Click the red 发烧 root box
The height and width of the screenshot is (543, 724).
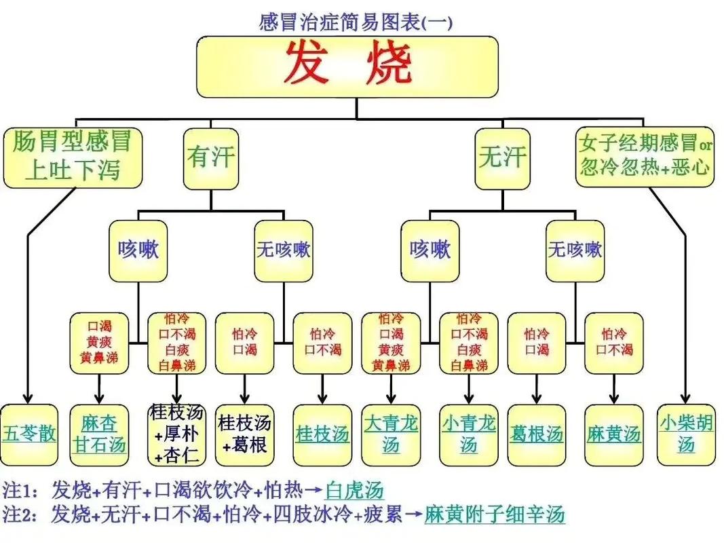pos(347,66)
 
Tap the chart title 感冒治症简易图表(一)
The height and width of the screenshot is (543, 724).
pos(356,22)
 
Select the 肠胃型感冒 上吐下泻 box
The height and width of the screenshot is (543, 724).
pos(73,157)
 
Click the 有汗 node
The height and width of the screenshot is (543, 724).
pos(210,158)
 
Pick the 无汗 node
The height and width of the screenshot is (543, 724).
pos(501,158)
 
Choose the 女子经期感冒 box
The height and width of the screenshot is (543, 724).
pos(645,156)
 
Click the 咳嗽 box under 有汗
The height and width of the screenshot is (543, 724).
pos(138,250)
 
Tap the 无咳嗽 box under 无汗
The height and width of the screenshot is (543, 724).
pos(574,250)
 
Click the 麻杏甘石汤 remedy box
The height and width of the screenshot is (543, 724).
pos(99,434)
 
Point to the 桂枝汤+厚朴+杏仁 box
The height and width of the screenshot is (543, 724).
pos(176,434)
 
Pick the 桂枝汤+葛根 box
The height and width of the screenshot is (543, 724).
pos(244,434)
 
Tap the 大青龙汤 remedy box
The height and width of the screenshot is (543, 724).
pos(390,434)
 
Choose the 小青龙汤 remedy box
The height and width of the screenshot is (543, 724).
pos(469,434)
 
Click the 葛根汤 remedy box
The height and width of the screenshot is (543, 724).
pos(536,434)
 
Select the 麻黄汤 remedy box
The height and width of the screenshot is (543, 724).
pos(613,434)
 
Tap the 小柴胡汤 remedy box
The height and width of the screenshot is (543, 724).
pos(685,434)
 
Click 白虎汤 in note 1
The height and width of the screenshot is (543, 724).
pos(354,490)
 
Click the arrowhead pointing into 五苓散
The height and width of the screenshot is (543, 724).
pos(28,398)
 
